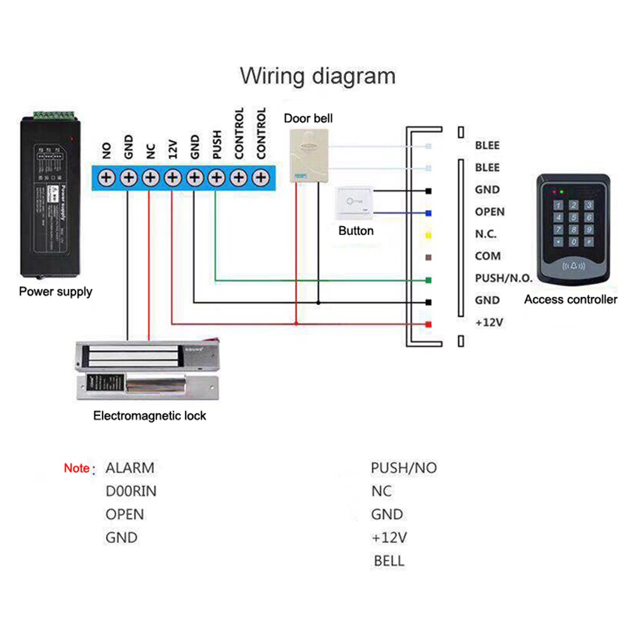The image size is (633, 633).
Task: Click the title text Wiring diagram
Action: (317, 76)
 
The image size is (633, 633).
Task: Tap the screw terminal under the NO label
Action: (106, 178)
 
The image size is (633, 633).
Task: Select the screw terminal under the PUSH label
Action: (216, 178)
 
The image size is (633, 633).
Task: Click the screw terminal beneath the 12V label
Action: (172, 178)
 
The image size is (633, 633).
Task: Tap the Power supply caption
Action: (55, 292)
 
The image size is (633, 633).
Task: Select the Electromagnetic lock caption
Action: (149, 416)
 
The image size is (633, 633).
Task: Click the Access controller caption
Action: (570, 299)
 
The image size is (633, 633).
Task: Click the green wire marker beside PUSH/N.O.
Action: (429, 279)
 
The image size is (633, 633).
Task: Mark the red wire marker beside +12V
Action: (429, 324)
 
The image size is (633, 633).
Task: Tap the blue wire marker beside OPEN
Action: (429, 213)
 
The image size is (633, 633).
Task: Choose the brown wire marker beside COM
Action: (429, 257)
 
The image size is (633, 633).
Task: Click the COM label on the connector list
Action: (487, 256)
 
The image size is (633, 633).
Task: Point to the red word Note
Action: (77, 469)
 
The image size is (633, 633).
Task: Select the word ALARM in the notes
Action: (130, 468)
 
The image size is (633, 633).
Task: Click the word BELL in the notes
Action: (389, 561)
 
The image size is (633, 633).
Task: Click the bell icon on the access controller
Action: (573, 266)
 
